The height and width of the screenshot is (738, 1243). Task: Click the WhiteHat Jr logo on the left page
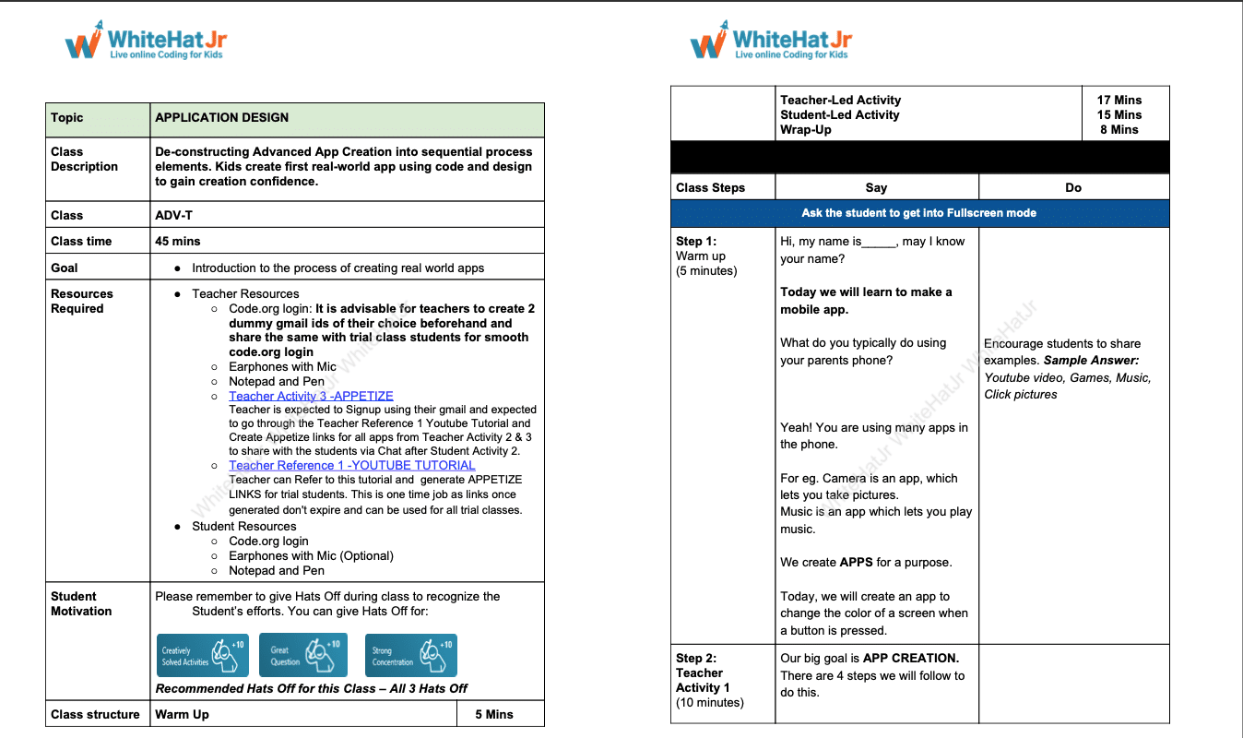coord(145,41)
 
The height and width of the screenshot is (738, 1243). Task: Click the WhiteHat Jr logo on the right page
coord(770,41)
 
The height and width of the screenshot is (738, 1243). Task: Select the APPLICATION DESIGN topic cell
coord(222,118)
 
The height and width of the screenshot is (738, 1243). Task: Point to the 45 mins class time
coord(178,241)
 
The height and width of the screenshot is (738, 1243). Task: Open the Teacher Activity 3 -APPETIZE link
coord(311,396)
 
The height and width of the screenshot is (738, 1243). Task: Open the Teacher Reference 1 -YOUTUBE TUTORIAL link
coord(352,466)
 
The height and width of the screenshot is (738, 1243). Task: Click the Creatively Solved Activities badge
coord(202,655)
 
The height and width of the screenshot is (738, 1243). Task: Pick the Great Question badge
coord(302,655)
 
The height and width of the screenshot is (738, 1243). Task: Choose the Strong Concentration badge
coord(410,655)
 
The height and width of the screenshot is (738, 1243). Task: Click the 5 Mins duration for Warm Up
coord(494,714)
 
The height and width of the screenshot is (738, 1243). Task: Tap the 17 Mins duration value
coord(1119,100)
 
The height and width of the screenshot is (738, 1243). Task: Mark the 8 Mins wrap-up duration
coord(1119,130)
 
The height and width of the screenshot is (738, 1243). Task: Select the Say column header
coord(876,187)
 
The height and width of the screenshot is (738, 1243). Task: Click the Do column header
coord(1073,187)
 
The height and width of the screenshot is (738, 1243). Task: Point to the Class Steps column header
coord(711,187)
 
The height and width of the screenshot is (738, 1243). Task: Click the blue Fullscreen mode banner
coord(919,213)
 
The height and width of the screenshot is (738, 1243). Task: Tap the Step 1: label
coord(696,242)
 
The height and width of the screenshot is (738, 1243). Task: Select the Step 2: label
coord(696,658)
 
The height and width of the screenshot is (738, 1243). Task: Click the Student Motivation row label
coord(81,603)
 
